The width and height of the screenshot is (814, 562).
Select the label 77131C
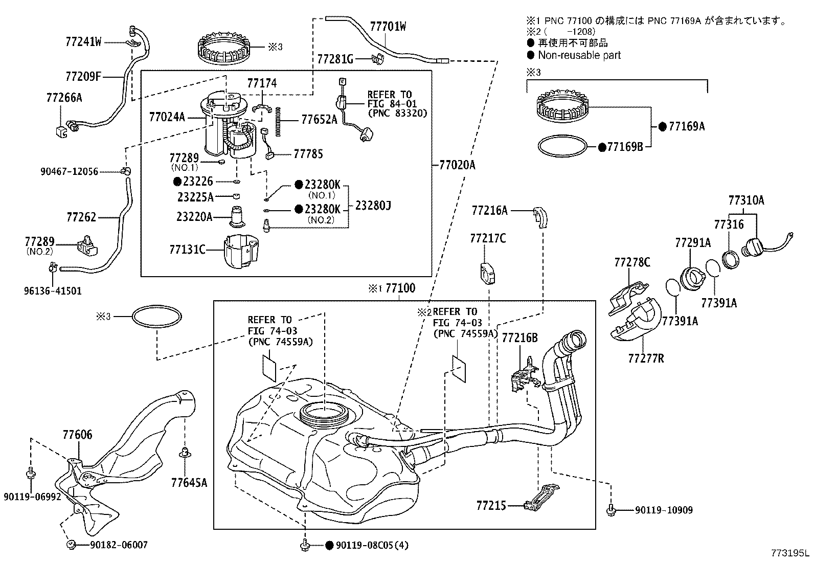(x=187, y=250)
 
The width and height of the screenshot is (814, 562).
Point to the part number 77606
(x=77, y=435)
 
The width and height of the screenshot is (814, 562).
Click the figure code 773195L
(x=790, y=553)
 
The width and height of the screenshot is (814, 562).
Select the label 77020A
(x=457, y=165)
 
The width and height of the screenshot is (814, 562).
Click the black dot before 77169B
(x=602, y=147)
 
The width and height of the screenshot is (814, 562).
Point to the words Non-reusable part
(x=579, y=55)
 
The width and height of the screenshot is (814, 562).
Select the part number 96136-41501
(x=52, y=291)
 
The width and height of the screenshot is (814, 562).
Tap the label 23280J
(x=373, y=206)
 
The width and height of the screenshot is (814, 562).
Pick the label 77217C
(x=488, y=238)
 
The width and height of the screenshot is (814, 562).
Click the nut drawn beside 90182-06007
(x=71, y=545)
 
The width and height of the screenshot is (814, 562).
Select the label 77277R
(x=646, y=358)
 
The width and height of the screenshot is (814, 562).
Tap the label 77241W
(x=83, y=41)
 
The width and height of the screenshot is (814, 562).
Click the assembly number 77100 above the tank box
(x=400, y=288)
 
